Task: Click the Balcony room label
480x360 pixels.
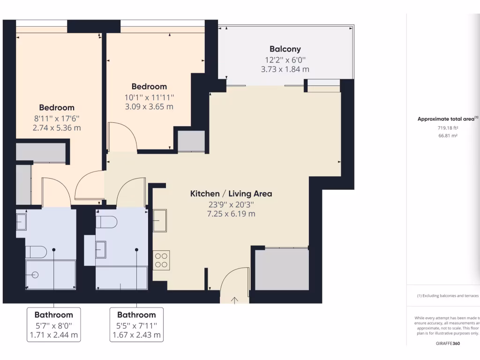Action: point(285,49)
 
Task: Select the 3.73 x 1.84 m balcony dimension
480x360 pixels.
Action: point(285,69)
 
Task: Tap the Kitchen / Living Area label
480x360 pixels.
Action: point(231,194)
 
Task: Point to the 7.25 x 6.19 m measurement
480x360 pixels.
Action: point(231,214)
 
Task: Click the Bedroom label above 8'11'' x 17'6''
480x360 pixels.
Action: point(57,108)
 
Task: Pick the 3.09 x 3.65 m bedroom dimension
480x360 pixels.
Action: point(149,106)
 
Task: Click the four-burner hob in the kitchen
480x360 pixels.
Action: point(161,260)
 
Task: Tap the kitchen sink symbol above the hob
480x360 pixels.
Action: point(159,220)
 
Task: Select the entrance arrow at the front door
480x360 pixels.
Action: point(234,300)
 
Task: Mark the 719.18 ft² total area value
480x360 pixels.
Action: point(448,127)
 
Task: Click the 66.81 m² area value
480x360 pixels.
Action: point(448,135)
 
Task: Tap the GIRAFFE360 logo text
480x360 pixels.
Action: point(448,343)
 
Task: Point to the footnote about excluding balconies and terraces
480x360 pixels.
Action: point(448,296)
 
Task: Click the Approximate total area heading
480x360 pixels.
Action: point(448,119)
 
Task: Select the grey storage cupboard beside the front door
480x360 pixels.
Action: point(282,270)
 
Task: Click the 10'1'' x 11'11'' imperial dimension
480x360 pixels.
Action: point(149,97)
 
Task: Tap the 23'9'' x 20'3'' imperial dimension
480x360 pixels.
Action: point(231,204)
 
